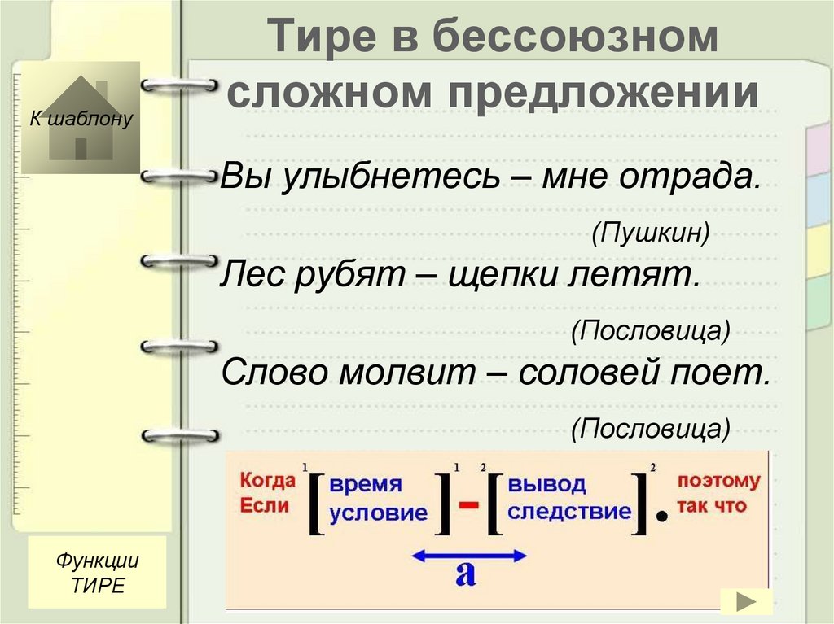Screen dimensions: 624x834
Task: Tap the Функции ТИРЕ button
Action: point(97,573)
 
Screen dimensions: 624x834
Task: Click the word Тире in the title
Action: point(321,39)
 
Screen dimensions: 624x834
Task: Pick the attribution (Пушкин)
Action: point(650,233)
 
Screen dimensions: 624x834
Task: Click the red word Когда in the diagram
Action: point(266,480)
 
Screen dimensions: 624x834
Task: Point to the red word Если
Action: point(263,505)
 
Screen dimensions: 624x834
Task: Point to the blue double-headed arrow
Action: point(467,556)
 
